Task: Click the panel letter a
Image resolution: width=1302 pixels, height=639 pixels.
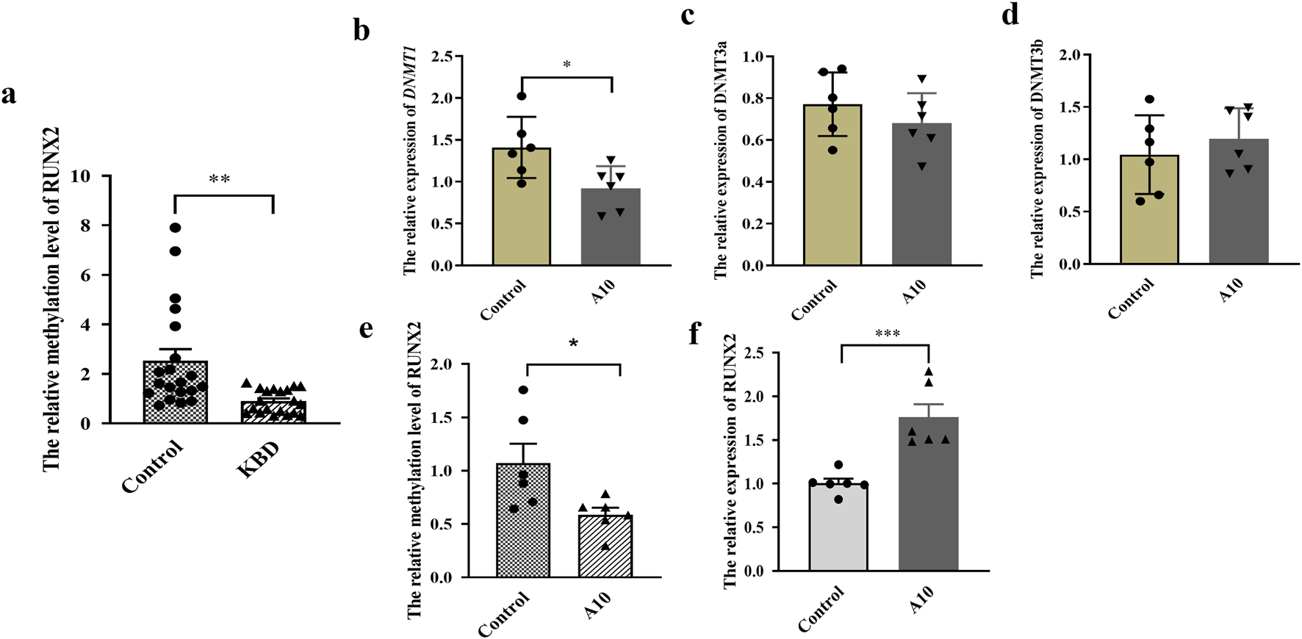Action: pos(8,95)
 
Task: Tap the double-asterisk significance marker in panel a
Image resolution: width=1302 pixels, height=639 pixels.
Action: pos(220,179)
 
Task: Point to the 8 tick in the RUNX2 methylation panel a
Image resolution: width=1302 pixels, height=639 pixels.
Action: pos(86,225)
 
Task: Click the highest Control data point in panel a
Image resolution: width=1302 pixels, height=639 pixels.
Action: pos(175,228)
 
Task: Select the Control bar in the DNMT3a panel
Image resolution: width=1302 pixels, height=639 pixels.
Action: pos(832,184)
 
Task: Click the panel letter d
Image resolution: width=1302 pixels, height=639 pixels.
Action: pos(1010,15)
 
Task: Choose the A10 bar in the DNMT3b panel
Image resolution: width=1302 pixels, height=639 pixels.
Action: pos(1238,201)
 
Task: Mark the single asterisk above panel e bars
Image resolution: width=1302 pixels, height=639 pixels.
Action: pos(573,343)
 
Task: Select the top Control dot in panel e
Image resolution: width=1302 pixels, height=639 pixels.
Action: pos(523,390)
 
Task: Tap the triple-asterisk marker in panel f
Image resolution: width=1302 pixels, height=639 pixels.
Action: pos(887,334)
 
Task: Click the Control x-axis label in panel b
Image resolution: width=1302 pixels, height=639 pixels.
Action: pos(503,300)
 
